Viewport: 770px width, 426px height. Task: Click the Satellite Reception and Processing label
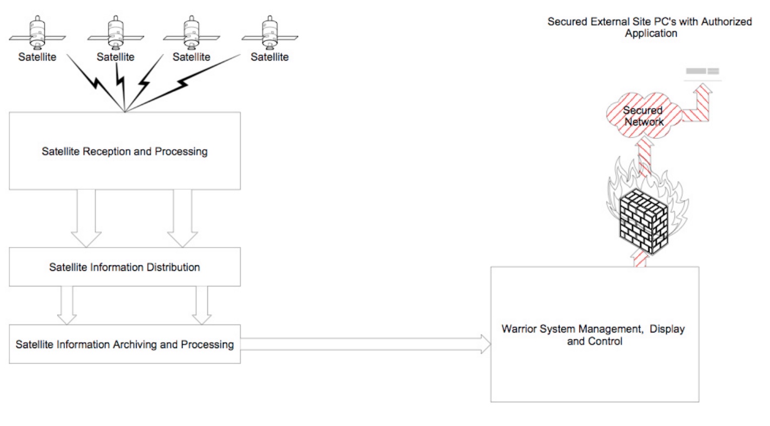click(x=125, y=151)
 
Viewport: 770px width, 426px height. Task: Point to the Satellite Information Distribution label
click(x=125, y=267)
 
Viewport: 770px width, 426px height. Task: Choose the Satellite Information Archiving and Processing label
click(x=125, y=344)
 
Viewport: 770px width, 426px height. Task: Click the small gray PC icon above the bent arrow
click(x=702, y=71)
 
